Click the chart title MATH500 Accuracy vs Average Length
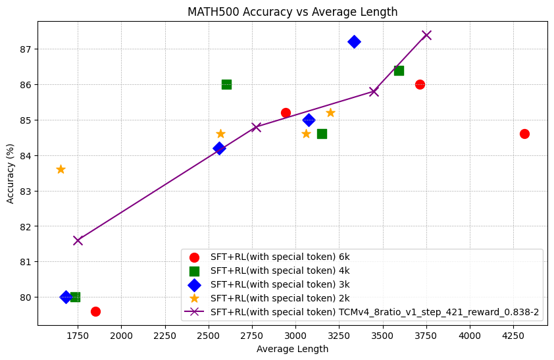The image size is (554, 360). tap(292, 12)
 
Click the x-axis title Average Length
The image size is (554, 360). tap(292, 349)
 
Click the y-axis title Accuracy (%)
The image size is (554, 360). tap(11, 173)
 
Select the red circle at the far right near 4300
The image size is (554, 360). tap(524, 134)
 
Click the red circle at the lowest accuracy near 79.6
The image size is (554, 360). tap(95, 311)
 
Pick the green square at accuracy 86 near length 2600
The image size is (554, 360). tap(226, 84)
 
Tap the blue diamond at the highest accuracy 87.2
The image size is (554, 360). tap(354, 42)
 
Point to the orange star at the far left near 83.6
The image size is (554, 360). tap(61, 169)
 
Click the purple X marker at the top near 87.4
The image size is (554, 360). tap(426, 35)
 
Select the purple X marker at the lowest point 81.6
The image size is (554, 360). tap(78, 240)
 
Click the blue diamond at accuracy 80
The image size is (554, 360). tap(66, 297)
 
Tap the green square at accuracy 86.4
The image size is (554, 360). tap(399, 70)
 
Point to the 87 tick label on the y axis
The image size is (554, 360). tap(25, 49)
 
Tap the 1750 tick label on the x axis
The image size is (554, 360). tap(78, 335)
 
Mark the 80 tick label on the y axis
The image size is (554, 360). tap(25, 297)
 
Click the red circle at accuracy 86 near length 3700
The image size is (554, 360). tap(420, 84)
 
